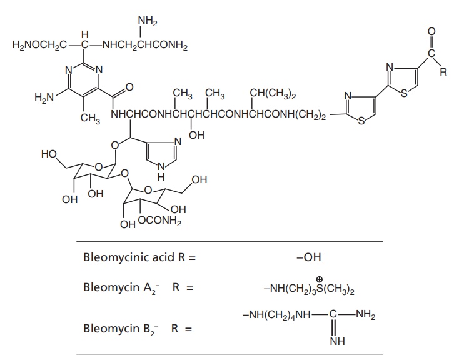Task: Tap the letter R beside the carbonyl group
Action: pyautogui.click(x=443, y=72)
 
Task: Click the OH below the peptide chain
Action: pyautogui.click(x=196, y=136)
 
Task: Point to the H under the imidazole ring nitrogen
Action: pyautogui.click(x=161, y=176)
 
